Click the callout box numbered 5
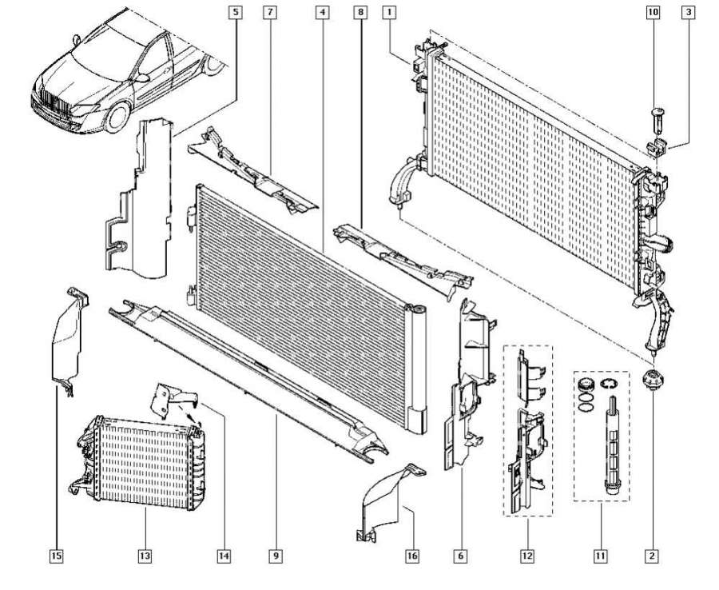[235, 12]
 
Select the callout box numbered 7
[271, 12]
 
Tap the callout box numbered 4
[321, 12]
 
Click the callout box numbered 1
[388, 12]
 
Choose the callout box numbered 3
[688, 12]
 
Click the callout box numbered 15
[57, 554]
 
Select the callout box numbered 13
[145, 554]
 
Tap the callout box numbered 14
[224, 554]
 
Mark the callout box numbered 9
[275, 554]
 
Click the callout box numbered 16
[412, 554]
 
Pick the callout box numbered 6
[462, 554]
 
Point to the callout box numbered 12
[528, 554]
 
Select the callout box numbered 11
[600, 554]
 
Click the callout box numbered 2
[653, 554]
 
